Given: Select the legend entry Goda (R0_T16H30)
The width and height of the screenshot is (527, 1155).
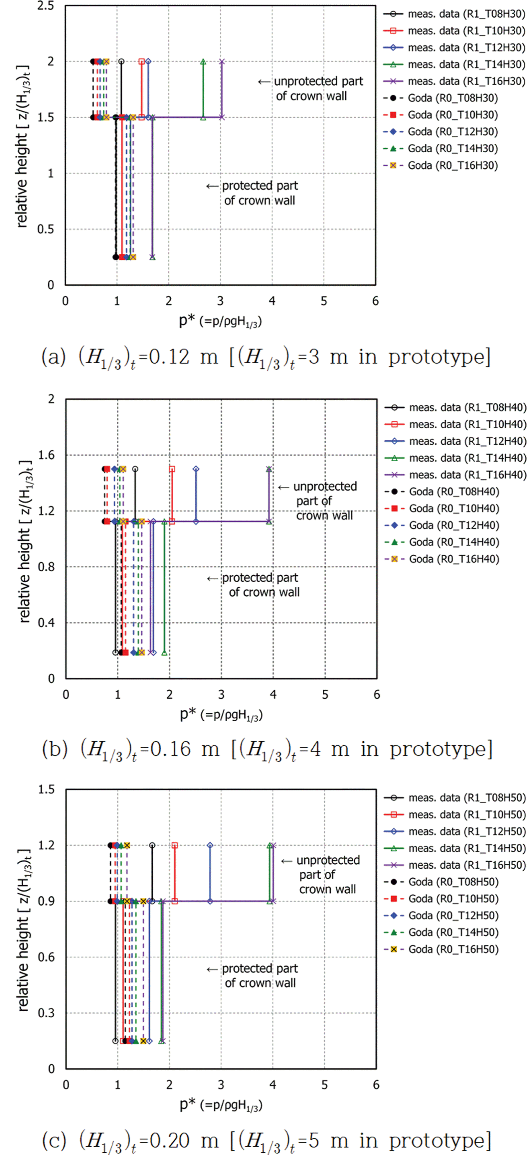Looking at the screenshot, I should coord(452,165).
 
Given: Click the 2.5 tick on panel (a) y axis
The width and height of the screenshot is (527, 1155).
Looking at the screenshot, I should coord(45,6).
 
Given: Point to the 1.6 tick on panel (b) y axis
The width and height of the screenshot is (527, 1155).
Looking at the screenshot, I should coord(46,455).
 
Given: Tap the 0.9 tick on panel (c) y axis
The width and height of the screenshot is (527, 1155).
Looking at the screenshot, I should coord(46,901).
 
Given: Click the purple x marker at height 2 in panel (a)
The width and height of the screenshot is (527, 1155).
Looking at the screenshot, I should coord(222,62).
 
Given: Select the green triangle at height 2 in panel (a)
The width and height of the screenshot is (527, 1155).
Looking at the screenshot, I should coord(203,62).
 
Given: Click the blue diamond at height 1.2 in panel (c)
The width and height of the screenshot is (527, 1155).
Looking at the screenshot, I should coord(210,845).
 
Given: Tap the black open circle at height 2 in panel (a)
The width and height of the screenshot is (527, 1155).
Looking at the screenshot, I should coord(121,62).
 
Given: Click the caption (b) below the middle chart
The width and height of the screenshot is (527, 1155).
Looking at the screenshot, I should coord(267,749).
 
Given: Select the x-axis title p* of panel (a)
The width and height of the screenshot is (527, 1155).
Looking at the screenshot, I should coord(220,321).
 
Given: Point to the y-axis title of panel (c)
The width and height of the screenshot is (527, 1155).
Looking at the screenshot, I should coord(23,928).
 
